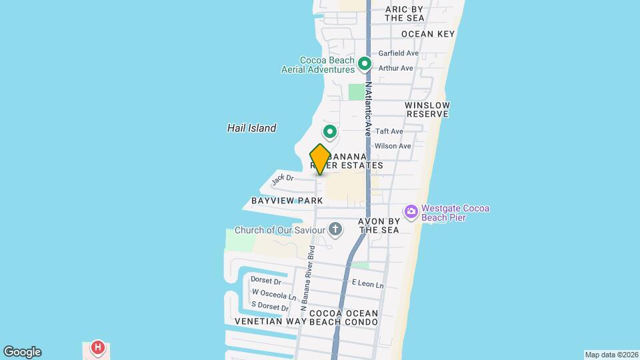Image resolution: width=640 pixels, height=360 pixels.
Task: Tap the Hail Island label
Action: point(251,128)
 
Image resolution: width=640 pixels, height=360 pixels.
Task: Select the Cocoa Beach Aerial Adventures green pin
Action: point(364,64)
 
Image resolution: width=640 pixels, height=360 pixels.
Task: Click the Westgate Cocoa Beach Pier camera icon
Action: point(411,211)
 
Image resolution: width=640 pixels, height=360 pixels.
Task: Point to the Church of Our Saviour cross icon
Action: point(335,230)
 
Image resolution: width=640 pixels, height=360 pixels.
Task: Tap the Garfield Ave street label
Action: point(399,53)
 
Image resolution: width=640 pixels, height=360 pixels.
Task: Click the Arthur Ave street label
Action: point(396,68)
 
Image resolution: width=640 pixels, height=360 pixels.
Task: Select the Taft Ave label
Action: point(389,131)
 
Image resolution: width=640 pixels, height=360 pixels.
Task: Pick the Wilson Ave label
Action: point(393,146)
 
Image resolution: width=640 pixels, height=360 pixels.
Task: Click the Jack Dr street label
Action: point(283,178)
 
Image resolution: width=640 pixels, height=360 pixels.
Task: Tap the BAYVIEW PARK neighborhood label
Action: point(287,201)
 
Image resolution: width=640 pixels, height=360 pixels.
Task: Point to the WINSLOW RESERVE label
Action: point(427,110)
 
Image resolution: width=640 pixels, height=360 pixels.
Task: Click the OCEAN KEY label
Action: point(428,34)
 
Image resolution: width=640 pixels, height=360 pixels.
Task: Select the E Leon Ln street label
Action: point(368,285)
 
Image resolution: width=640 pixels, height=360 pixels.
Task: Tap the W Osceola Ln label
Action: point(273,295)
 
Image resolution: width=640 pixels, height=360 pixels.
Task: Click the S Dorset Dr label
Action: point(270,307)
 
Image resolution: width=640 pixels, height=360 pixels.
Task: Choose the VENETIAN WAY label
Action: point(269,321)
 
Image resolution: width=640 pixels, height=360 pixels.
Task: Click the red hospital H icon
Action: point(98,347)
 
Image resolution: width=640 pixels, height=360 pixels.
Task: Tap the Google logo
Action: point(22,352)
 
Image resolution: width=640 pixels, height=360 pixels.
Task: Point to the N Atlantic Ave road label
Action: point(367,110)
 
